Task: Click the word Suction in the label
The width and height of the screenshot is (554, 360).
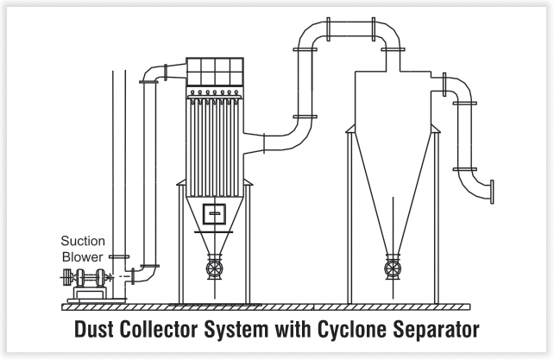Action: click(x=83, y=241)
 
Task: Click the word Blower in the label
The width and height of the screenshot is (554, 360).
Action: click(x=82, y=257)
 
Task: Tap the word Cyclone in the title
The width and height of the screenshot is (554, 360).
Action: click(x=351, y=329)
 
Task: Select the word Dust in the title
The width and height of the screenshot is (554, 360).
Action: click(x=94, y=329)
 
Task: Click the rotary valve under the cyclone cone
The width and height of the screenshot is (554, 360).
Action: click(x=393, y=268)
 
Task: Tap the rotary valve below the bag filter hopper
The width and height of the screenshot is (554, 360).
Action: click(x=215, y=268)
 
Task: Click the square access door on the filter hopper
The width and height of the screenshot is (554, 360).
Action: click(x=214, y=213)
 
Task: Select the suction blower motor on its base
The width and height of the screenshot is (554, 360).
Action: click(x=85, y=278)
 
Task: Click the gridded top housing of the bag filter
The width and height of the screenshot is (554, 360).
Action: click(x=215, y=72)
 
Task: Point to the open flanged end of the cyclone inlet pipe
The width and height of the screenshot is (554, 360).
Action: click(x=492, y=192)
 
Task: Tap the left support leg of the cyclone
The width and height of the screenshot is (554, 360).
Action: click(x=349, y=218)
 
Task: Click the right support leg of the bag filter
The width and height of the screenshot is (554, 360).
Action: click(x=248, y=244)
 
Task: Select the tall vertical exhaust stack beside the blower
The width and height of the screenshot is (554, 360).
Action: click(x=119, y=184)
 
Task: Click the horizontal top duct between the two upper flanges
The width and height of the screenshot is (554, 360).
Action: click(x=350, y=28)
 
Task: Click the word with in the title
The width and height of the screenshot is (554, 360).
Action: click(x=293, y=329)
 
